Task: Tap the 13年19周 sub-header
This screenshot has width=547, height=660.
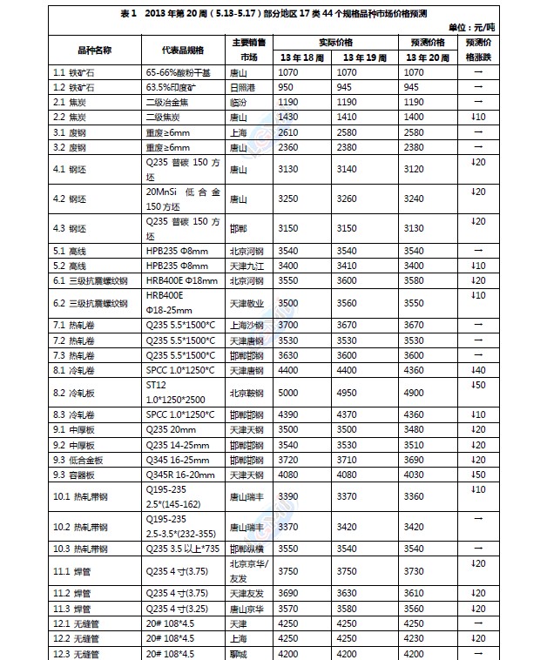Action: click(357, 57)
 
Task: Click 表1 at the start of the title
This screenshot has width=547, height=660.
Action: click(127, 12)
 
